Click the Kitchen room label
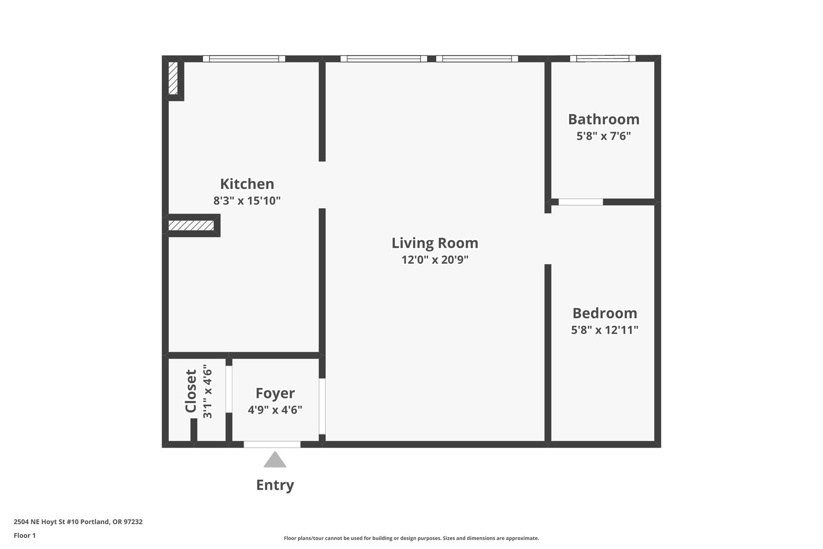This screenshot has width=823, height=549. (x=247, y=184)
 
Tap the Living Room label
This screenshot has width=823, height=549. (x=435, y=243)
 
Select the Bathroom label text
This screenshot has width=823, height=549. (x=604, y=119)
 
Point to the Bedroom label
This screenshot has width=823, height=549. (x=605, y=313)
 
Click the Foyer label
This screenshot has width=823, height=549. (x=275, y=393)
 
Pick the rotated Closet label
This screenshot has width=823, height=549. (x=191, y=391)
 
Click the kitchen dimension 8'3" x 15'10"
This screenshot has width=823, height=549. (x=247, y=201)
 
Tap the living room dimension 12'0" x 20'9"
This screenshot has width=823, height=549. (x=435, y=260)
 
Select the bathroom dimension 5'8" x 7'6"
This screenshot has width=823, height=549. (x=604, y=136)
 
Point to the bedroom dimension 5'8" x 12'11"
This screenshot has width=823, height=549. (x=605, y=330)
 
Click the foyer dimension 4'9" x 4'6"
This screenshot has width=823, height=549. (x=275, y=410)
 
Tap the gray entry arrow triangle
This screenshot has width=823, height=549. (x=275, y=460)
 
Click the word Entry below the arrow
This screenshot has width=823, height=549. (x=275, y=485)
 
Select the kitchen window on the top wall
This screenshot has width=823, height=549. (x=244, y=59)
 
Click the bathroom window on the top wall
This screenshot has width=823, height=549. (x=603, y=58)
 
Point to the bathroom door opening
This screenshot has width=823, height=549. (x=581, y=202)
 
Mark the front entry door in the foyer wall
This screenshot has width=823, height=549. (x=272, y=445)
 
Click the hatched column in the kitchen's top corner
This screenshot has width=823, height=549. (x=173, y=78)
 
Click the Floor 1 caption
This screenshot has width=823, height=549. (x=24, y=535)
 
